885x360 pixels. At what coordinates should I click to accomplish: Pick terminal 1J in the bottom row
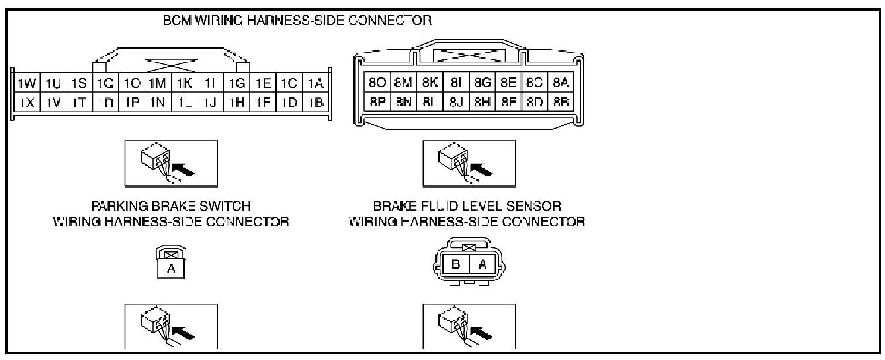210,103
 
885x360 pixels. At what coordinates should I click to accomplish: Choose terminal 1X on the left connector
24,103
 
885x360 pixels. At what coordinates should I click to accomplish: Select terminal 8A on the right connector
561,83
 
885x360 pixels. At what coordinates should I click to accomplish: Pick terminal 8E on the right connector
508,83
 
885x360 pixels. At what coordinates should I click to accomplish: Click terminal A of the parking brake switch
171,269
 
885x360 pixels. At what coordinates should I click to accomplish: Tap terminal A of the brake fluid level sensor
483,264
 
